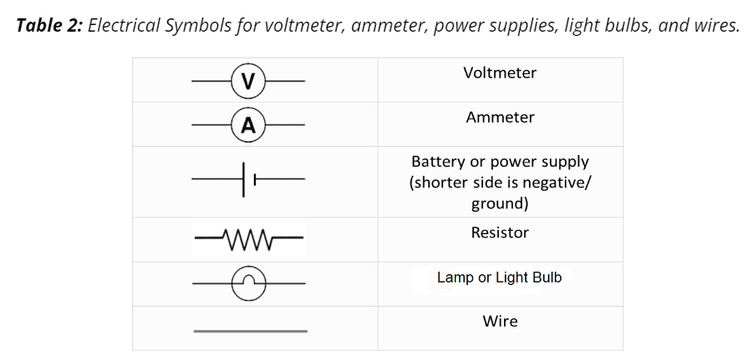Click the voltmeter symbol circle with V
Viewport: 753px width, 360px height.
[247, 81]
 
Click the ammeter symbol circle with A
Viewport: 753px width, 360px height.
[247, 125]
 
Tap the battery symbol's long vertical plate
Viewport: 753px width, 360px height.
[244, 179]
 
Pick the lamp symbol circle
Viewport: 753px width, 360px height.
[248, 284]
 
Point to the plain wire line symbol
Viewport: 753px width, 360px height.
[250, 331]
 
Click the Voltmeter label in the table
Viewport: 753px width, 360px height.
[500, 72]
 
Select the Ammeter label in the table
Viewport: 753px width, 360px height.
[500, 117]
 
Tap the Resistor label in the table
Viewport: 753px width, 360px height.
[500, 232]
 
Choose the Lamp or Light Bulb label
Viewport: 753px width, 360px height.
[500, 277]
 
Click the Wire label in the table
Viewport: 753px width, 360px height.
[500, 321]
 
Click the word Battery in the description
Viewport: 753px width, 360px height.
[438, 162]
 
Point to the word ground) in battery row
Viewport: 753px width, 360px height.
[500, 203]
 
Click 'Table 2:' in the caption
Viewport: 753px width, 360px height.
[48, 26]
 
